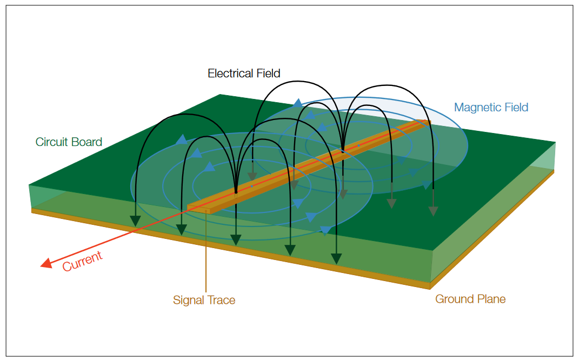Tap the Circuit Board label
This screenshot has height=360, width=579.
69,142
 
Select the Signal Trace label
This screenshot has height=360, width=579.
204,300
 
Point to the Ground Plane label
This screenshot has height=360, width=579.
470,299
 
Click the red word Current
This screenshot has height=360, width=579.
82,262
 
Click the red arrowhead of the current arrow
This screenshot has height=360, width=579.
46,263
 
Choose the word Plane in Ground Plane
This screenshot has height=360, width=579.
490,299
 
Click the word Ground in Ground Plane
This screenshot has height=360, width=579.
454,299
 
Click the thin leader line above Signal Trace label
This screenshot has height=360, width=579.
206,254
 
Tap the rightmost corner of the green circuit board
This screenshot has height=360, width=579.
555,143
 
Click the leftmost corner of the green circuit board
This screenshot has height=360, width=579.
29,185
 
